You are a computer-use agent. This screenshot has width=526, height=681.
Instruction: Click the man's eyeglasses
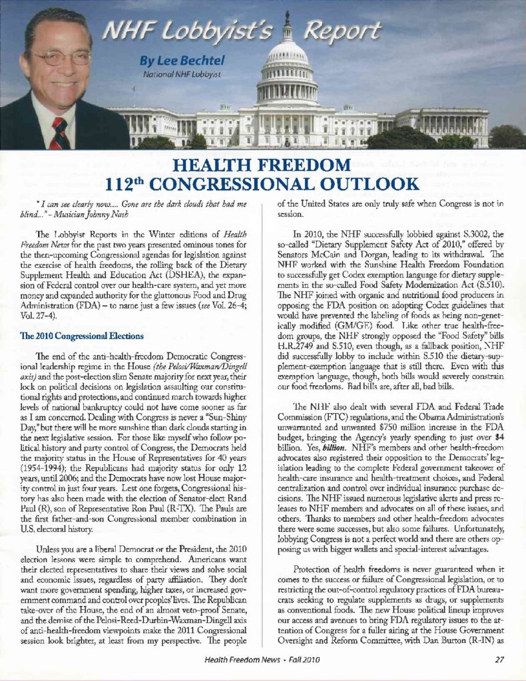[61, 58]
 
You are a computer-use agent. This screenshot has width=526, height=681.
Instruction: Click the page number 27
[499, 659]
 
